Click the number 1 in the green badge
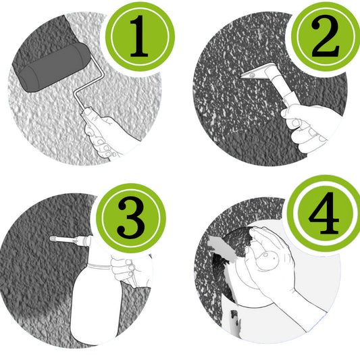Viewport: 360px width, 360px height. [138, 36]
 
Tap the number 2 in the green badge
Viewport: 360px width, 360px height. [325, 36]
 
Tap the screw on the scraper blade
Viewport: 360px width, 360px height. [253, 74]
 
